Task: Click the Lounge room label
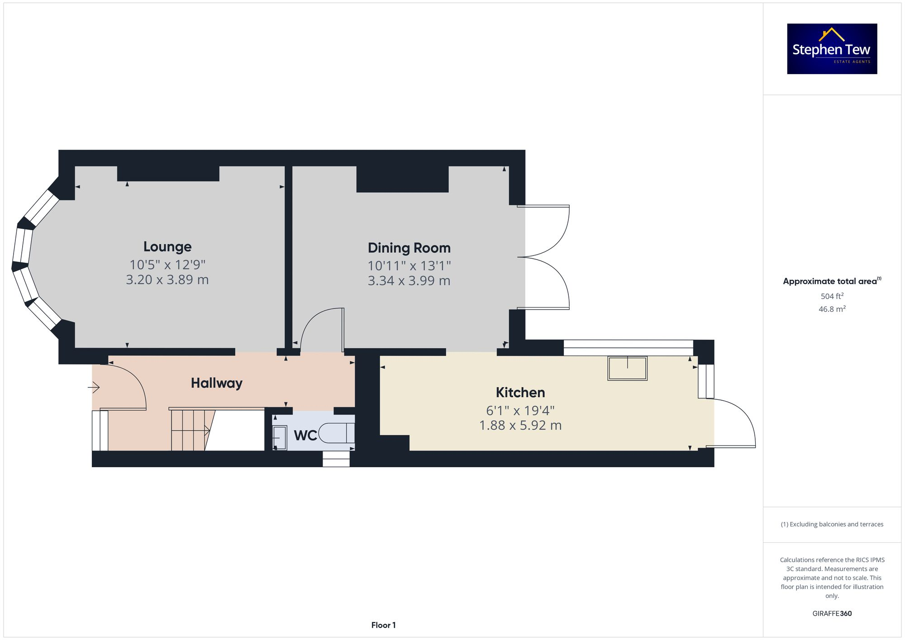(x=167, y=247)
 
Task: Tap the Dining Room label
(x=409, y=248)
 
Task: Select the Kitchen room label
(x=520, y=392)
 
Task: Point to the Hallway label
(x=217, y=383)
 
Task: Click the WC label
(x=305, y=436)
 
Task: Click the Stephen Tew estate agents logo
(x=832, y=49)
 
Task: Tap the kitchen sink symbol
(x=627, y=368)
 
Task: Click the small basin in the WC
(x=280, y=438)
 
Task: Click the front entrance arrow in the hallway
(x=94, y=387)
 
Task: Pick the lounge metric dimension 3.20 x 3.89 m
(x=167, y=280)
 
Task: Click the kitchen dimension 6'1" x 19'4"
(x=520, y=410)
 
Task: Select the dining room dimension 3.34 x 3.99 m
(x=409, y=281)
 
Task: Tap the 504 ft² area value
(x=832, y=296)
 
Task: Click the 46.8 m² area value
(x=832, y=309)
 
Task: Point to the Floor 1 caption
(x=383, y=625)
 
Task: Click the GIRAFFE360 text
(x=832, y=613)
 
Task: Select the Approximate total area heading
(x=832, y=281)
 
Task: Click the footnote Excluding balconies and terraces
(x=832, y=524)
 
